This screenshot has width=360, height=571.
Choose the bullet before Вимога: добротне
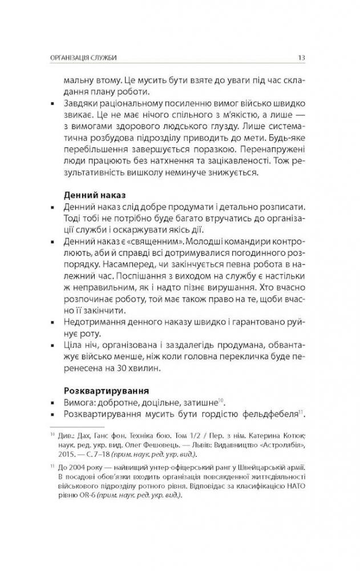(52, 403)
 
